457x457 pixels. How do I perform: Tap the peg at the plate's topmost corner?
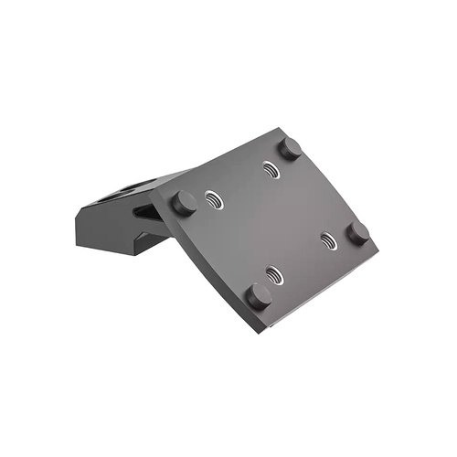290,147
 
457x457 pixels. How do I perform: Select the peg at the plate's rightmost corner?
358,232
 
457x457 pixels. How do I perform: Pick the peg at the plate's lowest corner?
259,295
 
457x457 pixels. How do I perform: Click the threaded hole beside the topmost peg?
270,168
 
